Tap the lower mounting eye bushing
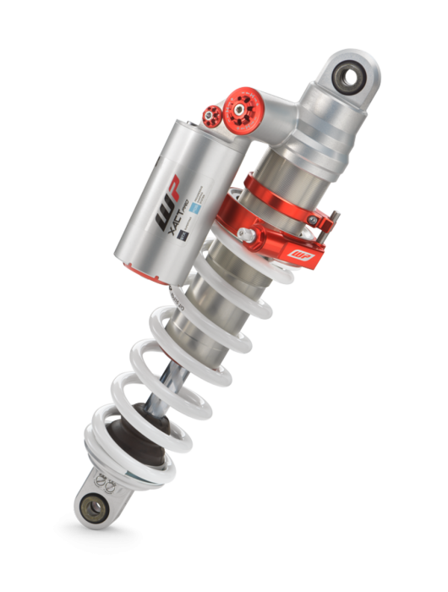point(92,508)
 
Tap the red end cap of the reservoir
point(136,269)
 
